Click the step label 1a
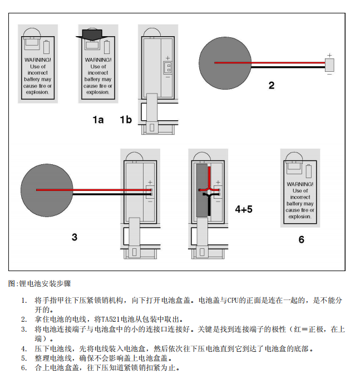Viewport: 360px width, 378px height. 98,120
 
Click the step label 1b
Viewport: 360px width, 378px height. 126,120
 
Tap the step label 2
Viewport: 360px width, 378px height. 271,85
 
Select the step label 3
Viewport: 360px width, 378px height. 75,237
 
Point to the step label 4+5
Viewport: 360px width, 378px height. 243,209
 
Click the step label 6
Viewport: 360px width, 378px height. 301,239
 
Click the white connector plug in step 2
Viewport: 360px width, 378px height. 329,65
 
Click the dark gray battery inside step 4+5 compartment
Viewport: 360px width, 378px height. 201,189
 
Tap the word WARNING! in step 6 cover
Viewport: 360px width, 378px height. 300,184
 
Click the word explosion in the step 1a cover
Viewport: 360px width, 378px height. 98,92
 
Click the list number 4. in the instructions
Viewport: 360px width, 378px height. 24,349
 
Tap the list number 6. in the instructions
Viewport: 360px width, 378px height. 24,368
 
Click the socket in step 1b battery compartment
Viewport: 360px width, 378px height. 166,67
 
